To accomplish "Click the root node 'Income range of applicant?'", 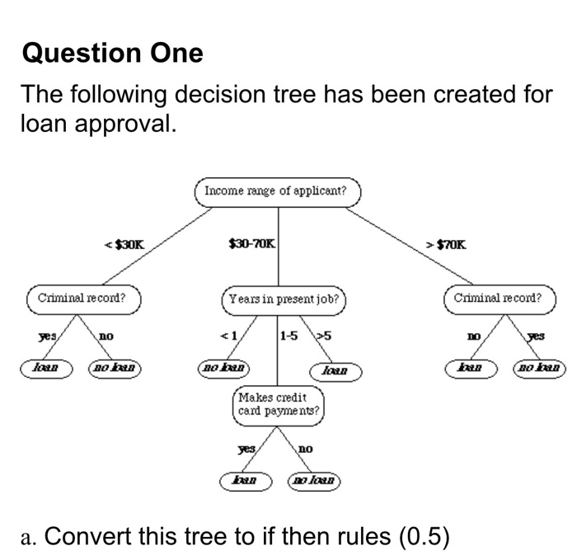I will click(x=277, y=191).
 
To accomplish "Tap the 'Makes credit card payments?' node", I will click(x=279, y=404).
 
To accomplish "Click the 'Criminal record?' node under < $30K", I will click(x=82, y=299).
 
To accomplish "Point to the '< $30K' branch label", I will click(x=124, y=244).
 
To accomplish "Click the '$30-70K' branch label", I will click(x=252, y=244).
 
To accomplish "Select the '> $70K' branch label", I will click(x=446, y=244).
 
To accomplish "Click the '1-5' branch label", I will click(x=289, y=336).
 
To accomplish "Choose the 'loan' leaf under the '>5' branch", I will click(x=334, y=373).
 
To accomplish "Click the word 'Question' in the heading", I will click(x=71, y=54).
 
